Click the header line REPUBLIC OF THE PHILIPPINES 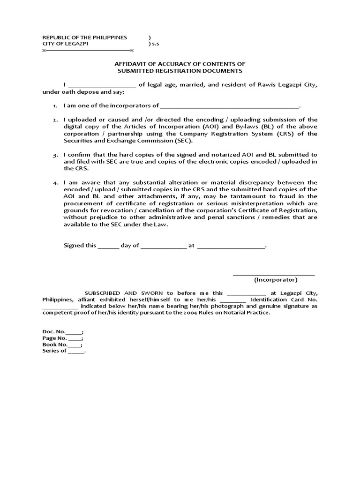85,37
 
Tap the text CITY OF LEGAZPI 64,44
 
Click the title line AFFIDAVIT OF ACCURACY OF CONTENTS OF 180,64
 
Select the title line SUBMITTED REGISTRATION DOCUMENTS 180,71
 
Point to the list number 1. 55,106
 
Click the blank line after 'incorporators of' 229,106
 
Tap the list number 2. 55,120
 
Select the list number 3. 55,155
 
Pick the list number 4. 55,183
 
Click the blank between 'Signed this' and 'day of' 108,246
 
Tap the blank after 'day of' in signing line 163,246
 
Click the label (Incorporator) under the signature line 276,280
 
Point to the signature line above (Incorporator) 274,274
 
